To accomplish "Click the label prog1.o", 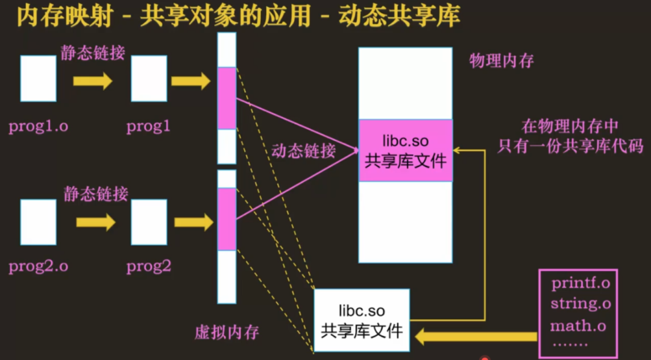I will point(38,127).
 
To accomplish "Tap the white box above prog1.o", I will point(38,78).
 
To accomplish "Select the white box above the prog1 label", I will point(148,78).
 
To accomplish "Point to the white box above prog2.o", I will point(38,222).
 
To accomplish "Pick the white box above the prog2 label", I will point(148,222).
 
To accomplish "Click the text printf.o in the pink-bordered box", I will point(580,283).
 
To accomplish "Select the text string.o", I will point(580,304).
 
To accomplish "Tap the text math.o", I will point(578,326).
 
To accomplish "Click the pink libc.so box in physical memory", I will point(405,150).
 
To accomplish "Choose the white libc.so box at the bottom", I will point(361,320).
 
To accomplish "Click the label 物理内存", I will point(502,61).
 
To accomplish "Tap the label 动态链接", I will point(303,151).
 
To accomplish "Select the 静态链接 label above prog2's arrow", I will point(96,194).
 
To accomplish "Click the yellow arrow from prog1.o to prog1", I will point(93,80).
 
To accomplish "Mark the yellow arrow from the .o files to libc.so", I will point(476,335).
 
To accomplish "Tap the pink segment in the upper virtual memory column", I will point(227,98).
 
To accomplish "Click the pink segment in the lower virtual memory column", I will point(227,219).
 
